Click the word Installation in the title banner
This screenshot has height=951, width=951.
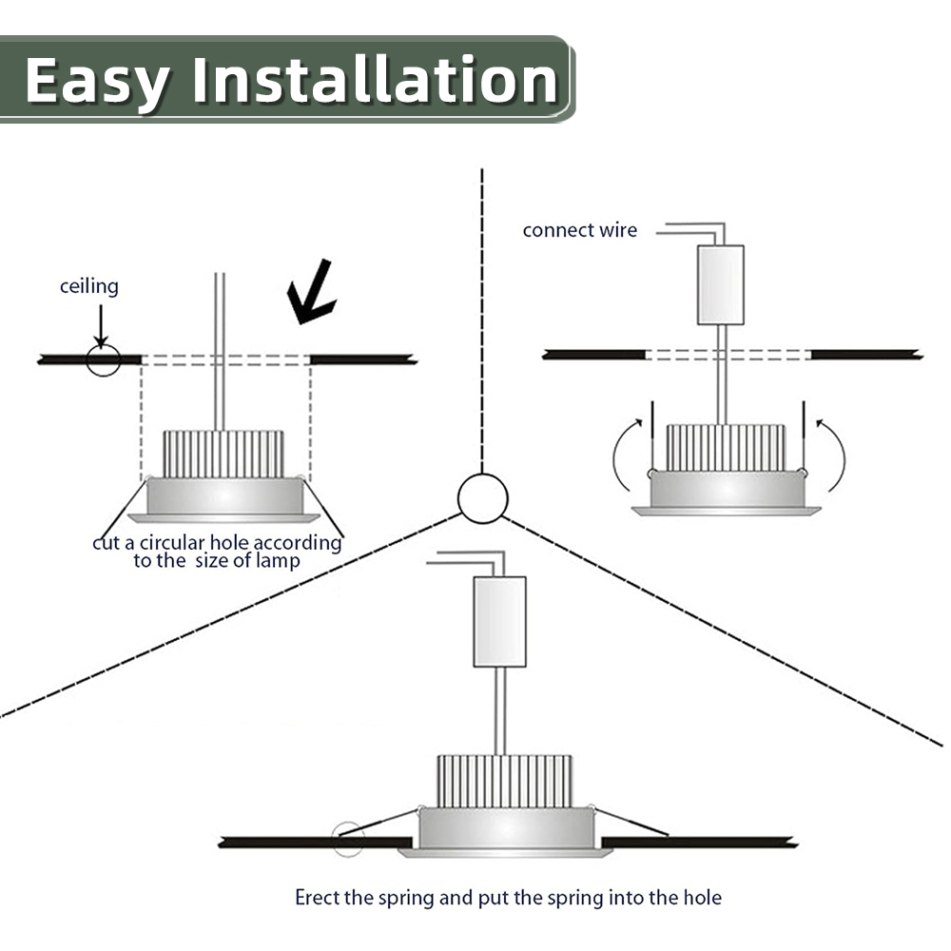376,82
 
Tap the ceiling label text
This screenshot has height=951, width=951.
89,286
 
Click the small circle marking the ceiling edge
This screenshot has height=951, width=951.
103,359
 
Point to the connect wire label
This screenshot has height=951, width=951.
580,230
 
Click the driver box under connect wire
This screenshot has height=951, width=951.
720,284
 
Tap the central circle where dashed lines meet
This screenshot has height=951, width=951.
483,497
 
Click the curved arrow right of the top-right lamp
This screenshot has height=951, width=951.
834,456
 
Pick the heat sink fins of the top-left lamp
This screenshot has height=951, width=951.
223,455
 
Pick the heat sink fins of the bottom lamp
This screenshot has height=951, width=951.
504,781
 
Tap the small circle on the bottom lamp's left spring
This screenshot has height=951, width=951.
347,837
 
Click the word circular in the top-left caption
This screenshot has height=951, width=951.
174,543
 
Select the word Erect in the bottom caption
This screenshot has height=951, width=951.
317,897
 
